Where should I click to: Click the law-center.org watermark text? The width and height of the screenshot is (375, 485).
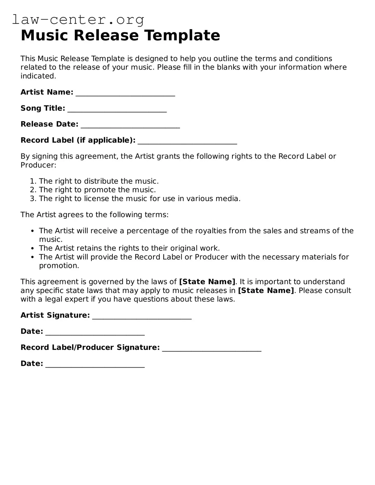point(78,20)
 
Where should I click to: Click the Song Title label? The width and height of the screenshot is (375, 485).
point(43,108)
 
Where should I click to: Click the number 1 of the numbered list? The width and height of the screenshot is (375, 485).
point(32,181)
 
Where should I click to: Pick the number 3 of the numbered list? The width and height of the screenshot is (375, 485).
point(32,199)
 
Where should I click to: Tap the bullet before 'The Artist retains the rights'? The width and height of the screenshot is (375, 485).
point(32,248)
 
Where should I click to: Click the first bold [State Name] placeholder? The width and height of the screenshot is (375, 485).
point(207,282)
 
